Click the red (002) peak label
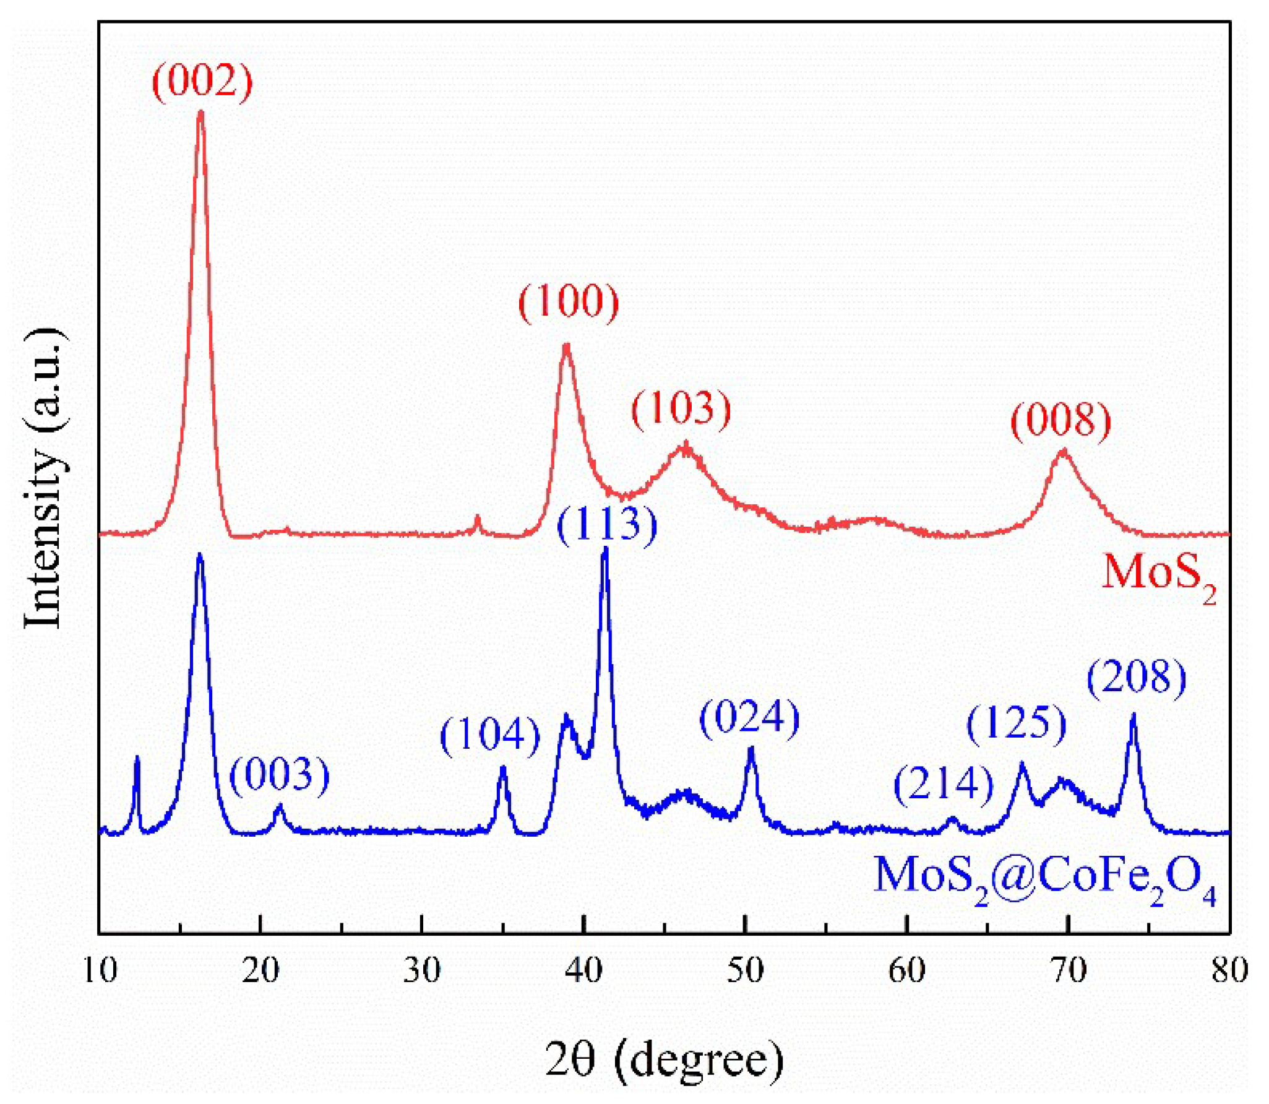pyautogui.click(x=202, y=81)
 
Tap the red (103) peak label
pyautogui.click(x=681, y=408)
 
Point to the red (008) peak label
pyautogui.click(x=1060, y=420)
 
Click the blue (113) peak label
pyautogui.click(x=606, y=525)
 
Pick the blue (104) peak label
pyautogui.click(x=490, y=736)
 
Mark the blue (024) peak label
pyautogui.click(x=749, y=718)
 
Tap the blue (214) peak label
pyautogui.click(x=943, y=785)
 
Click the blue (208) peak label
pyautogui.click(x=1137, y=678)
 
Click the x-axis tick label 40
pyautogui.click(x=583, y=971)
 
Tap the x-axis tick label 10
pyautogui.click(x=99, y=971)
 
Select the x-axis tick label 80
pyautogui.click(x=1229, y=971)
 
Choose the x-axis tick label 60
pyautogui.click(x=906, y=971)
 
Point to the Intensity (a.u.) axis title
pyautogui.click(x=45, y=477)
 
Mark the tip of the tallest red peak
pyautogui.click(x=200, y=112)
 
